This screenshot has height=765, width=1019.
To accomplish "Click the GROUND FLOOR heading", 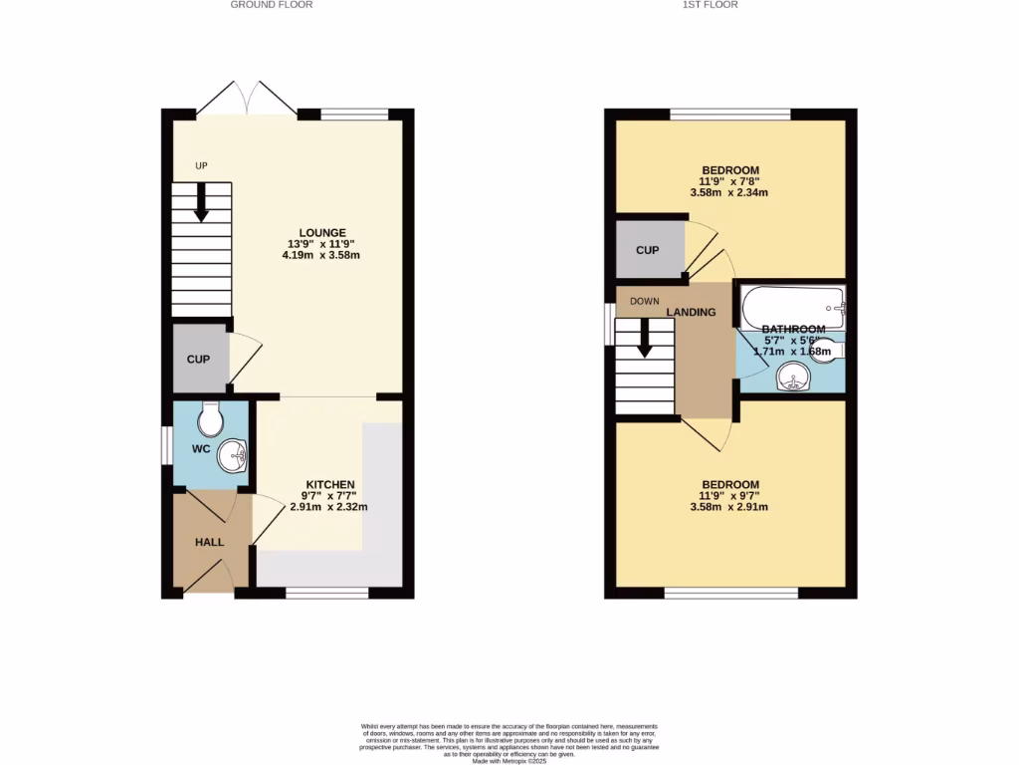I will (x=272, y=5).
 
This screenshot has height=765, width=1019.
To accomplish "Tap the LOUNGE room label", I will (x=320, y=233).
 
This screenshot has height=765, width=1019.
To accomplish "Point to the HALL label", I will (x=209, y=542).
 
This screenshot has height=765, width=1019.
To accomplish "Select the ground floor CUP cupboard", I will (x=199, y=359).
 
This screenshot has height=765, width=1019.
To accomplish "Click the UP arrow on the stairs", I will (x=200, y=204).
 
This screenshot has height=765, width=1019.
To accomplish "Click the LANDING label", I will (x=691, y=312).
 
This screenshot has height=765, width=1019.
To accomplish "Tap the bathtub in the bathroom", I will (x=790, y=303).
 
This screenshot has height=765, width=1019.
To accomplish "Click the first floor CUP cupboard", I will (x=648, y=249).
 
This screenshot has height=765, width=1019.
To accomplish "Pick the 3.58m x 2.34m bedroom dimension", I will (x=730, y=193).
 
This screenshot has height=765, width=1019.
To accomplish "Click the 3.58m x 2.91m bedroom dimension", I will (x=730, y=507).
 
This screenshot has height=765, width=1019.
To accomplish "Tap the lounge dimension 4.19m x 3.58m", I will (x=320, y=255).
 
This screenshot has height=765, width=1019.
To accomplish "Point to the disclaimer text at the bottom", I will (x=509, y=743).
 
